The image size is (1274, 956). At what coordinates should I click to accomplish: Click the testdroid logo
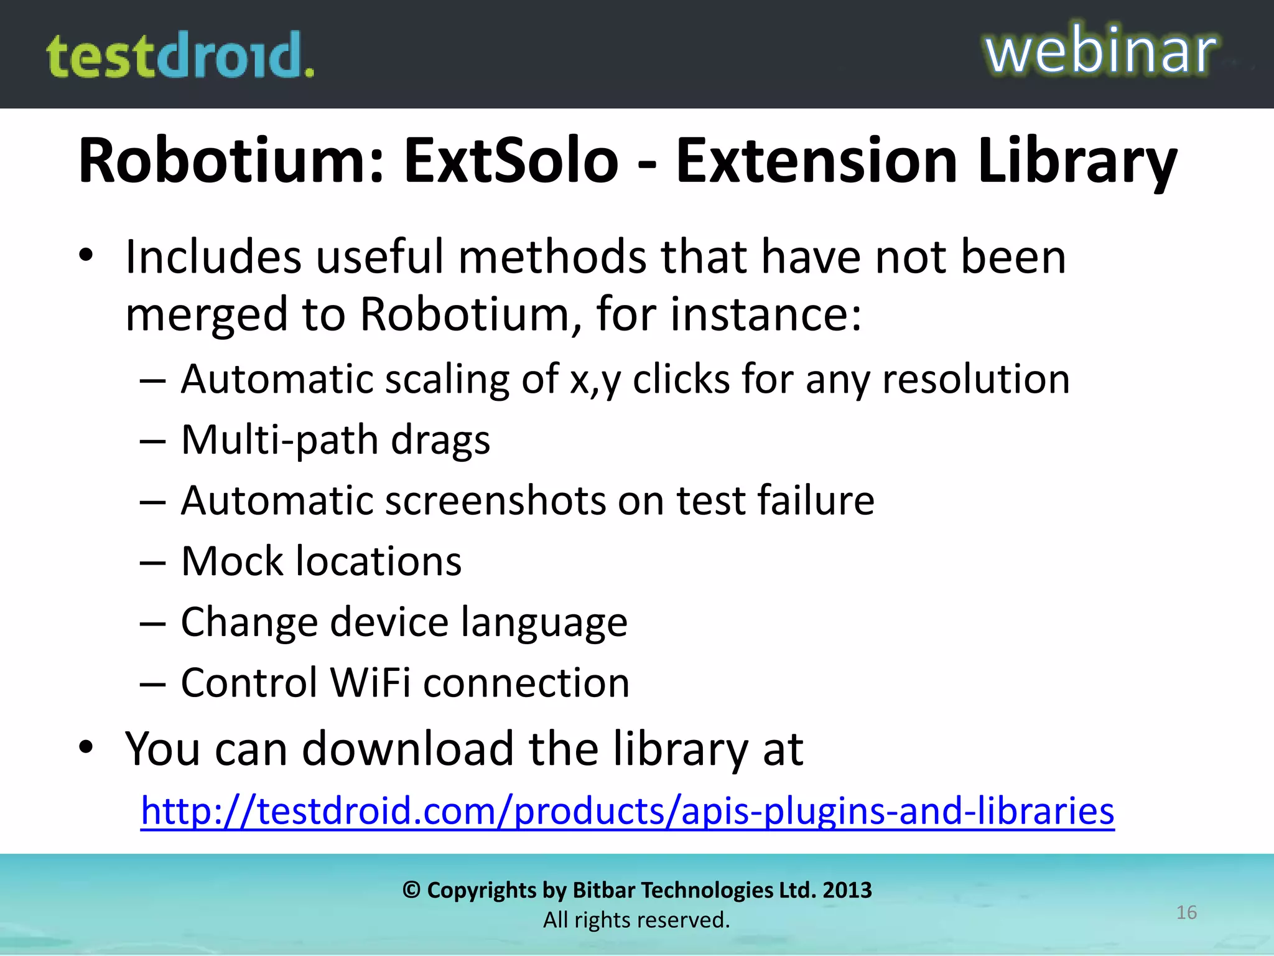click(x=180, y=55)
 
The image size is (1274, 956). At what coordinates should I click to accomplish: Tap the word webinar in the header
click(x=1100, y=51)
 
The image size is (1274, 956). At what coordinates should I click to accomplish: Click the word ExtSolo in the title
click(x=511, y=161)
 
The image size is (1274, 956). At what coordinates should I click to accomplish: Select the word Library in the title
click(x=1077, y=161)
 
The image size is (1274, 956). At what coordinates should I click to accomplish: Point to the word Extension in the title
click(x=816, y=161)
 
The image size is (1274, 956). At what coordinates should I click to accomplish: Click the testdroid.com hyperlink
click(x=627, y=810)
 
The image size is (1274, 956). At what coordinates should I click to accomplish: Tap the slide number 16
click(x=1186, y=912)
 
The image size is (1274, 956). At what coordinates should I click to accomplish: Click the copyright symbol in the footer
click(x=411, y=890)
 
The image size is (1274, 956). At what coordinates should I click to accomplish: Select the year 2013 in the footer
click(x=847, y=890)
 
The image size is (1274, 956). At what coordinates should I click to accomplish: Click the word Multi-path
click(x=278, y=440)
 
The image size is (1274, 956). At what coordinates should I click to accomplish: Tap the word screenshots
click(x=495, y=500)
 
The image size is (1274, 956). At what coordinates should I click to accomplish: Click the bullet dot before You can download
click(x=86, y=746)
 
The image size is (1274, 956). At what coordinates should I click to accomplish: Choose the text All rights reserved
click(x=636, y=920)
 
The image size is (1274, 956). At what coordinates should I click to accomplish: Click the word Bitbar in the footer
click(x=603, y=890)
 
